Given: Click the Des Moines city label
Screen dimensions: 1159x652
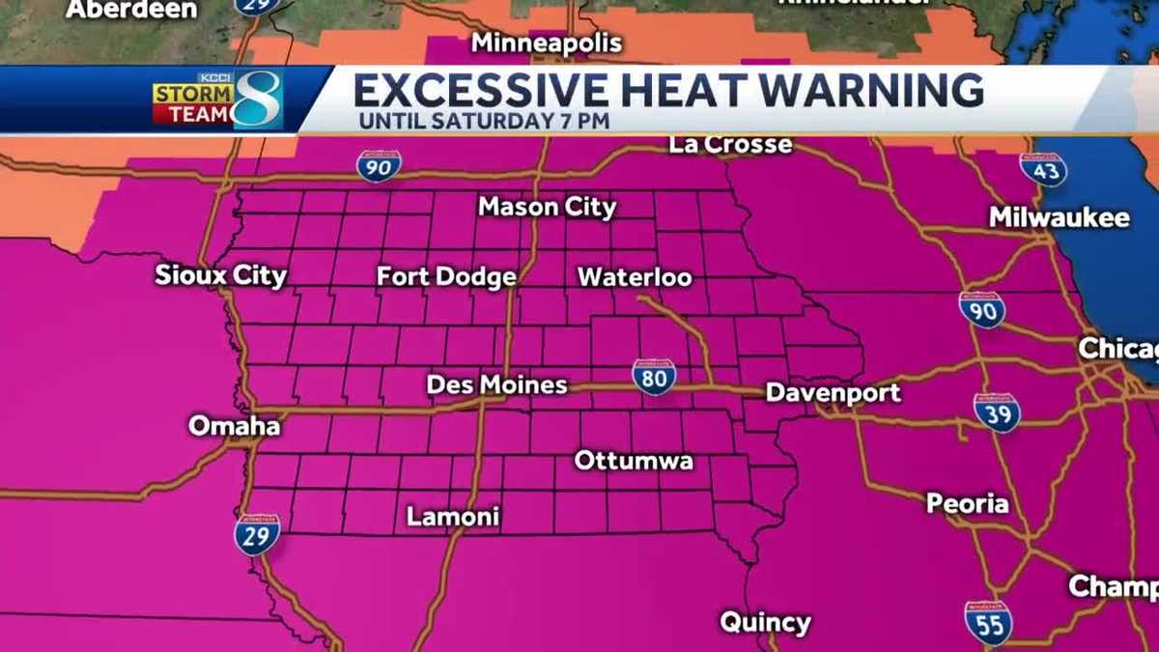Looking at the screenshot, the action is pyautogui.click(x=496, y=384).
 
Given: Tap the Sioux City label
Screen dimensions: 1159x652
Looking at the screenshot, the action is pyautogui.click(x=221, y=275).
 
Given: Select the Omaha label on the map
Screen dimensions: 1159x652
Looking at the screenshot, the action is pyautogui.click(x=235, y=425).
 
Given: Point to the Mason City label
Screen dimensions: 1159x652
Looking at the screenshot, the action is pyautogui.click(x=547, y=207).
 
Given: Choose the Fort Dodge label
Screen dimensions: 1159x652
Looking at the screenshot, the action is pyautogui.click(x=446, y=277).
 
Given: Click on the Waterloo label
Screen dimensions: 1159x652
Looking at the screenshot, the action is pyautogui.click(x=635, y=277).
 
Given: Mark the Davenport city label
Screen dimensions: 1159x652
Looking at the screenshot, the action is pyautogui.click(x=833, y=392).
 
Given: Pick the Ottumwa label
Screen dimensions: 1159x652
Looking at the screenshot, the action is pyautogui.click(x=634, y=461).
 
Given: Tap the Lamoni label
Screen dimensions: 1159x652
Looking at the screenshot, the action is pyautogui.click(x=453, y=517).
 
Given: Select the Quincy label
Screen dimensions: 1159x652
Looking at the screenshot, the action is pyautogui.click(x=765, y=622).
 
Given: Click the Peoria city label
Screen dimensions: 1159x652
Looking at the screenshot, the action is pyautogui.click(x=967, y=503).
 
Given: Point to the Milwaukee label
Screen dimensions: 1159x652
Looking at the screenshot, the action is pyautogui.click(x=1059, y=217).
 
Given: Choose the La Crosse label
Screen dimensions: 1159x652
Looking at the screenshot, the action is pyautogui.click(x=730, y=145).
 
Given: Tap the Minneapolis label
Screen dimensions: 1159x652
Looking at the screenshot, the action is pyautogui.click(x=547, y=43).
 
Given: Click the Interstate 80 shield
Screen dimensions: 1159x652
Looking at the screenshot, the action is pyautogui.click(x=654, y=377).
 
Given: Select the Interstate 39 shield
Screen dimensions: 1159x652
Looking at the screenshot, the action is pyautogui.click(x=997, y=411).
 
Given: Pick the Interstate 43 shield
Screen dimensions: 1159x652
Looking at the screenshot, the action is pyautogui.click(x=1043, y=169).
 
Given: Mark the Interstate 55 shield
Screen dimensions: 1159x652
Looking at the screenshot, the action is pyautogui.click(x=987, y=621).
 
